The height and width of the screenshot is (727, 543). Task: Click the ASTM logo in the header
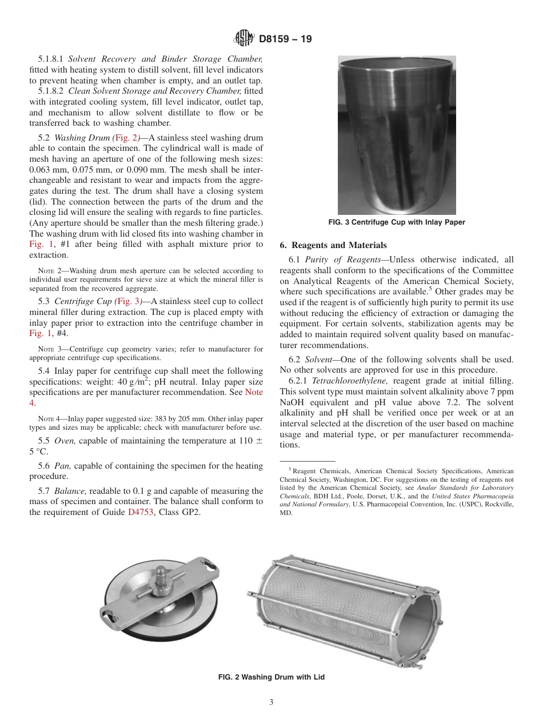pos(244,39)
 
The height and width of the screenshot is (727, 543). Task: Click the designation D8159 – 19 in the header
pos(285,39)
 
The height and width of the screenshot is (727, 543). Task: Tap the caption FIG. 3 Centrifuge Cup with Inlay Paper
pos(397,222)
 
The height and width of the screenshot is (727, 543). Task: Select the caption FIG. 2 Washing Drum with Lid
pos(271,677)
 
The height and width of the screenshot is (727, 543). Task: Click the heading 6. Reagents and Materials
pos(333,245)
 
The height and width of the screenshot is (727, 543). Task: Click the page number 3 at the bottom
pos(271,702)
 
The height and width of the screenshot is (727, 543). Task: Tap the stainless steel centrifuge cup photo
pos(397,135)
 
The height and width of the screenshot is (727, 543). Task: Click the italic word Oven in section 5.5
pos(64,441)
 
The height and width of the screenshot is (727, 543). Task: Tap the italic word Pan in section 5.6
pos(62,466)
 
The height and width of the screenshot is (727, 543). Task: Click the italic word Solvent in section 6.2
pos(318,359)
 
